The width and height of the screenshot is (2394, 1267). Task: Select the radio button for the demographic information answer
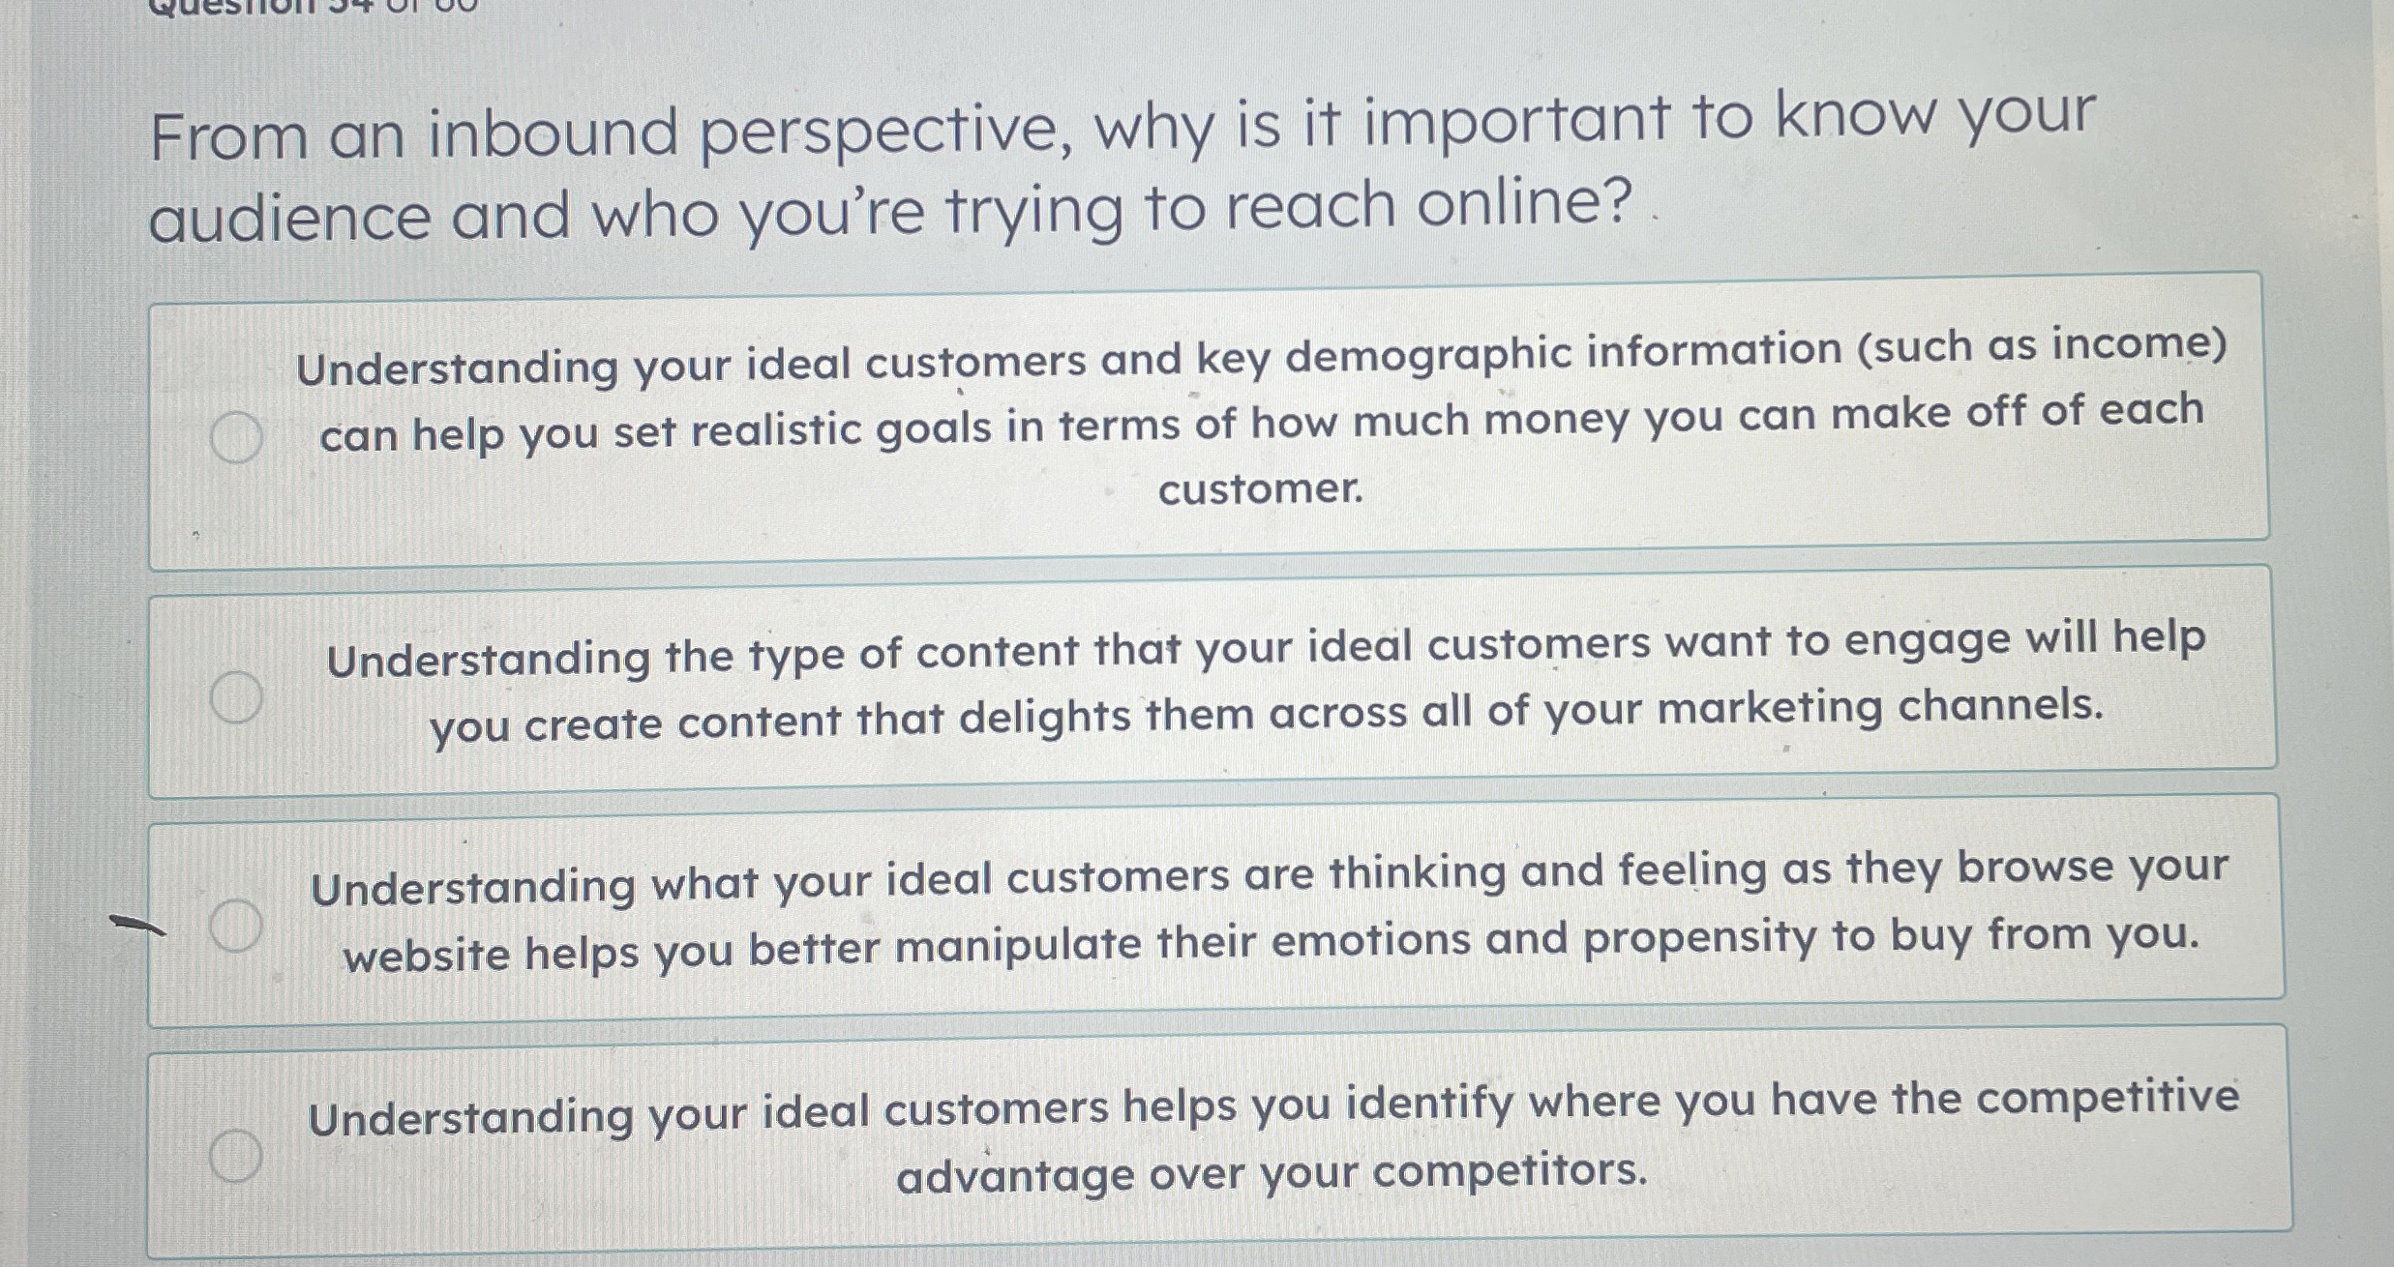click(x=236, y=437)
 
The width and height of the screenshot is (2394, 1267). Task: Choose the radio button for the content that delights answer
click(x=236, y=696)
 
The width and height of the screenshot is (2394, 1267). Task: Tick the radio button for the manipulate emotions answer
click(x=236, y=925)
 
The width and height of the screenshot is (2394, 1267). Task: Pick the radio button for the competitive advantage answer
click(x=236, y=1155)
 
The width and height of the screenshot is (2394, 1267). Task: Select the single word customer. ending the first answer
click(x=1260, y=489)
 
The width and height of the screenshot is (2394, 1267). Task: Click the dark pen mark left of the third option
click(x=137, y=925)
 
